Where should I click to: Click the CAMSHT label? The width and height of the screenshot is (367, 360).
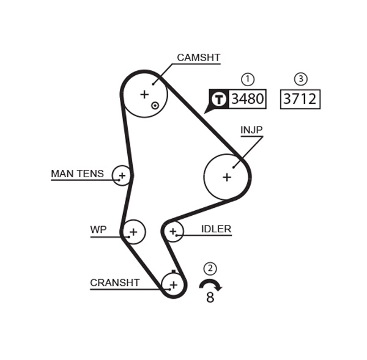tap(198, 58)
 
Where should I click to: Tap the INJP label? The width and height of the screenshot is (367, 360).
tap(251, 131)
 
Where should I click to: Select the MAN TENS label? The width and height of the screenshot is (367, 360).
tap(77, 174)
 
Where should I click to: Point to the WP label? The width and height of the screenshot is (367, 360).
tap(98, 230)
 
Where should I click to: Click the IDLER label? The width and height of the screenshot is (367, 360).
tap(216, 230)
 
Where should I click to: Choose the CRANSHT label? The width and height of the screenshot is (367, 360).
tap(114, 283)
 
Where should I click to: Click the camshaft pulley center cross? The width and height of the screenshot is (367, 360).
tap(144, 94)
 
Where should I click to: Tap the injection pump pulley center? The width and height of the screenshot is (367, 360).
tap(227, 177)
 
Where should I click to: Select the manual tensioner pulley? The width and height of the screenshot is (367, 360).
tap(122, 176)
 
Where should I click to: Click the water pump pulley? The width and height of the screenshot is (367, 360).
tap(133, 232)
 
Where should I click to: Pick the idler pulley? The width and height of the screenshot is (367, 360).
tap(173, 231)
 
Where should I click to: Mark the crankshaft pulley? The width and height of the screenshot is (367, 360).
tap(173, 284)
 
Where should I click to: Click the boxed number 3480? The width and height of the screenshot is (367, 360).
tap(247, 99)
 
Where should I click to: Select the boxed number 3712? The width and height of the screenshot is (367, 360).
tap(300, 99)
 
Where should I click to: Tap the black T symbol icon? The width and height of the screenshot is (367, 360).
tap(218, 99)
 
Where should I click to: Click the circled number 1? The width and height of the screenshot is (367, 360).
tap(247, 79)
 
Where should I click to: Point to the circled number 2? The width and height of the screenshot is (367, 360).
tap(210, 268)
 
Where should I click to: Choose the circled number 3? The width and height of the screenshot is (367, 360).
tap(300, 79)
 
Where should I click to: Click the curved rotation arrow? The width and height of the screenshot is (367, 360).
tap(210, 284)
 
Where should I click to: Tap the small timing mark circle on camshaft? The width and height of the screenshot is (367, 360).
tap(155, 105)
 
